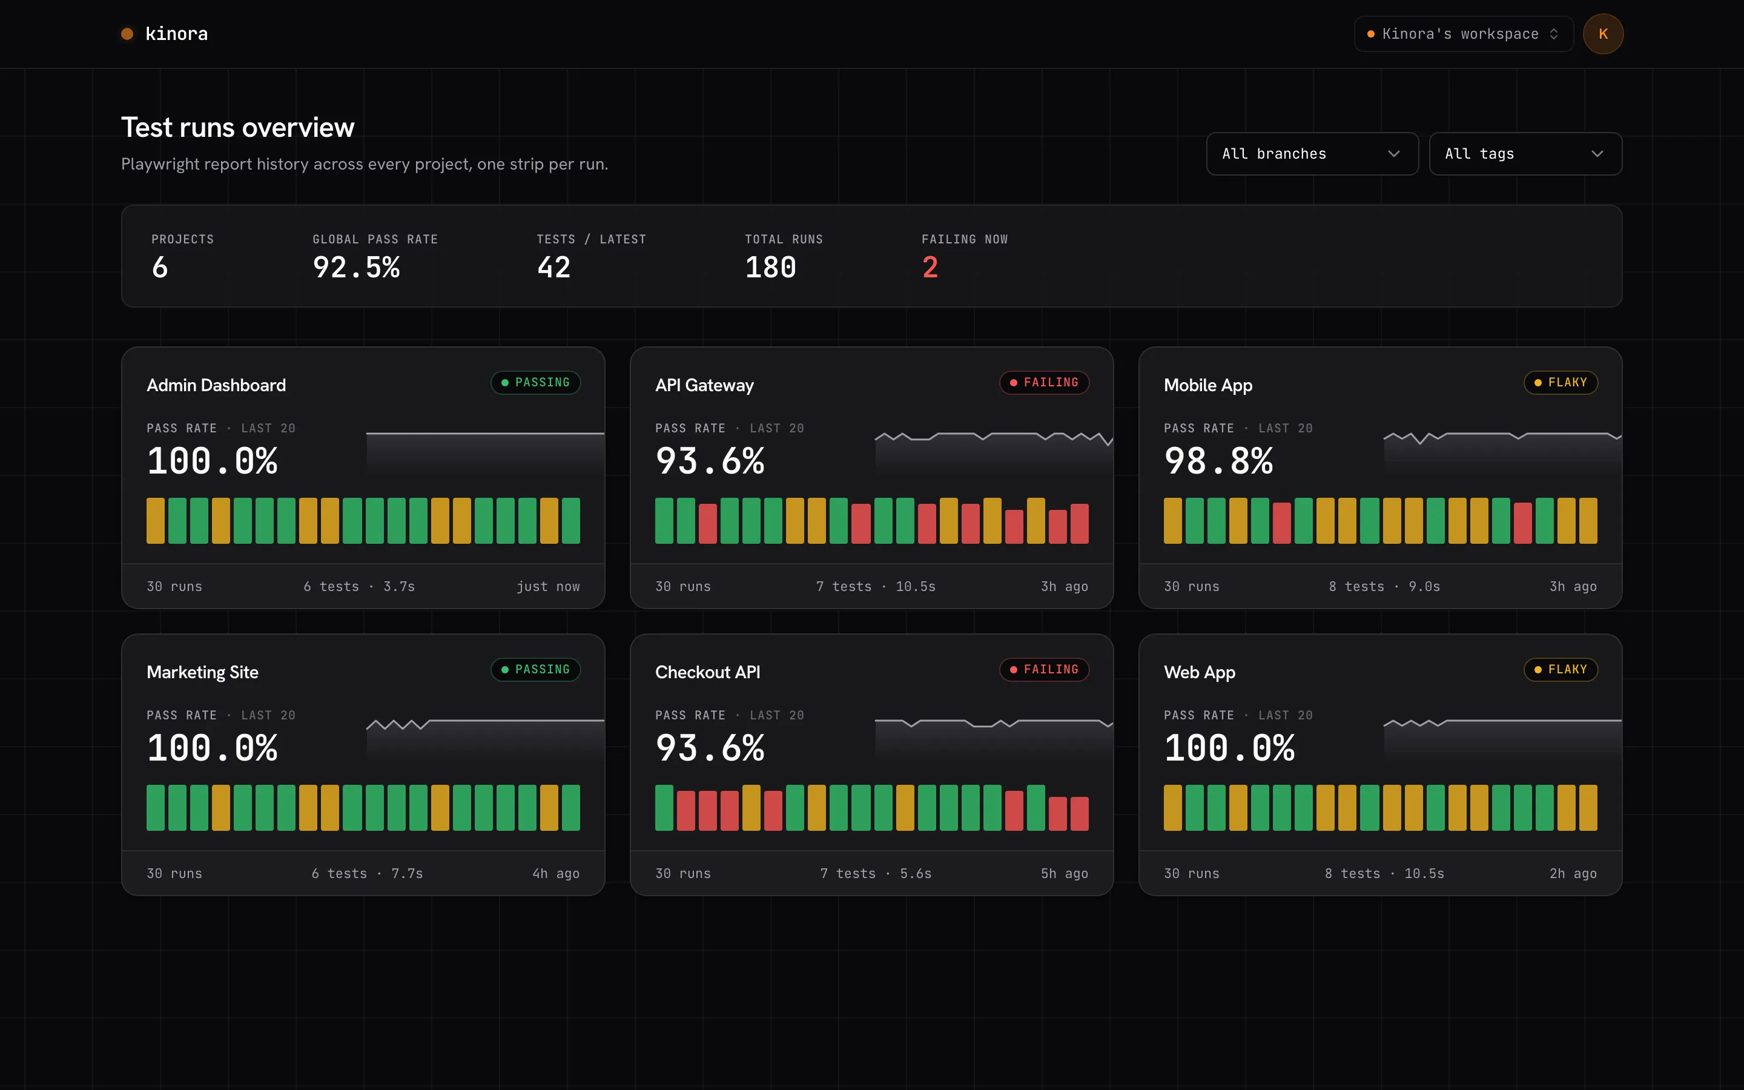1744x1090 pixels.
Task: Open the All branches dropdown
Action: coord(1312,154)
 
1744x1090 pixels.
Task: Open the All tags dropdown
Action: coord(1525,154)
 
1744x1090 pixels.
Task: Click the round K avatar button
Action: coord(1603,34)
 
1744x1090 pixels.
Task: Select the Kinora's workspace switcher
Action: coord(1463,34)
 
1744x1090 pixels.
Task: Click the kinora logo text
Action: coord(177,34)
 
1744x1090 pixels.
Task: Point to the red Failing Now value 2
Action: coord(930,268)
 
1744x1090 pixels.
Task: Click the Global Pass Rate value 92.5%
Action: coord(356,268)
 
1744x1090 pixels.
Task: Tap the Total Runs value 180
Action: coord(770,268)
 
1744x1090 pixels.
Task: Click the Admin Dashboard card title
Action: coord(216,385)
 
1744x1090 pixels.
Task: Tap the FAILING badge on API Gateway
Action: coord(1044,382)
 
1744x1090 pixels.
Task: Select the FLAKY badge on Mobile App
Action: coord(1561,382)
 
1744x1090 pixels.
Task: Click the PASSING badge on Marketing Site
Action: coord(535,670)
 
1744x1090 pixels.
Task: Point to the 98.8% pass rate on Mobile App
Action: coord(1218,461)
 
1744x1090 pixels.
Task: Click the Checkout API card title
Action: coord(708,672)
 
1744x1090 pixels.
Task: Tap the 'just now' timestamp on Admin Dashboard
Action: coord(547,587)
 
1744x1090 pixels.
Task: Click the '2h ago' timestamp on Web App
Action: coord(1573,874)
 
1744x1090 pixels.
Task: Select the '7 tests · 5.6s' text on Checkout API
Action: coord(876,874)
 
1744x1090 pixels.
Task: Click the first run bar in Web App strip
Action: coord(1172,807)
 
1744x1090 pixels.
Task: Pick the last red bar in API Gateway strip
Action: coord(1080,523)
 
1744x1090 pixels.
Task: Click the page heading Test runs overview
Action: coord(238,128)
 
